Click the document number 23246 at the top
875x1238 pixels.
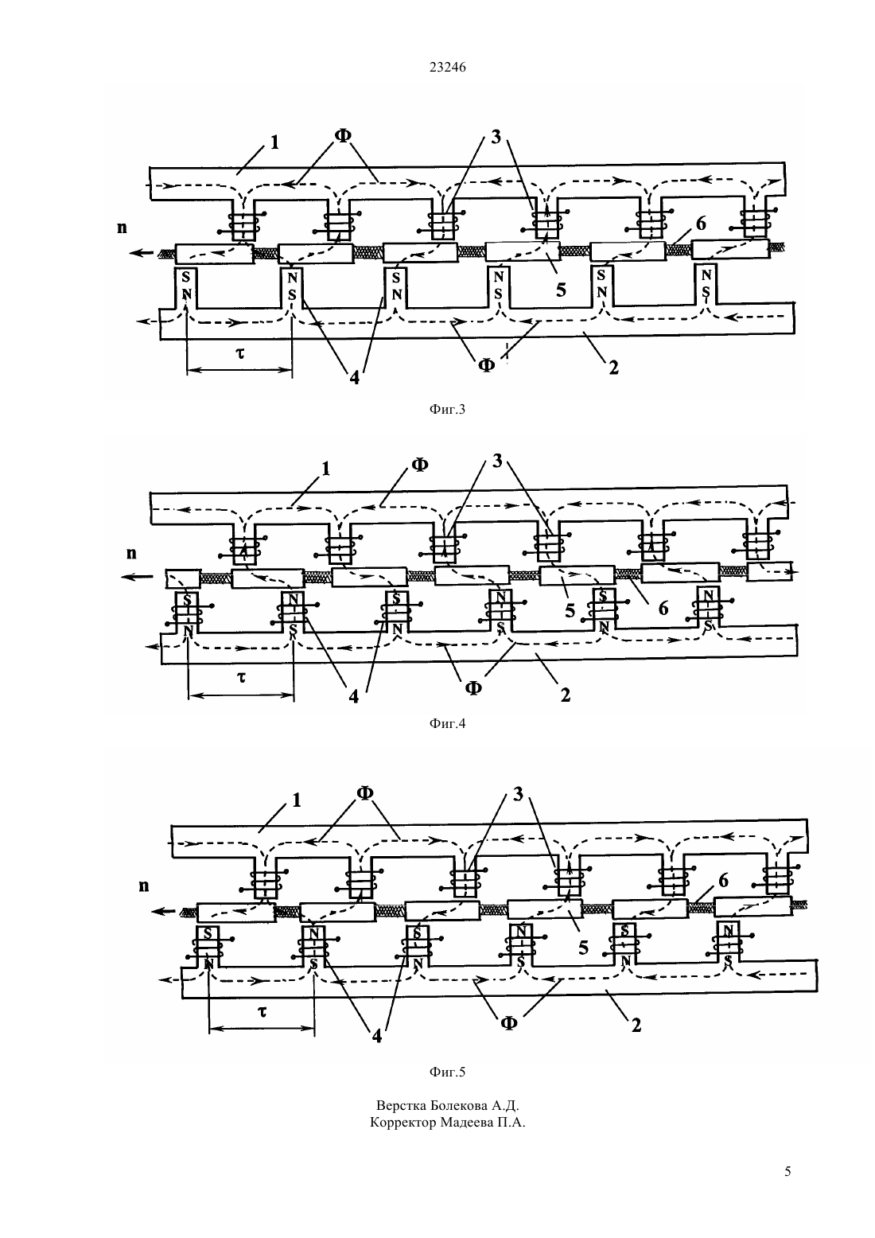pyautogui.click(x=447, y=68)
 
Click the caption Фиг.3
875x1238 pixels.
pyautogui.click(x=447, y=409)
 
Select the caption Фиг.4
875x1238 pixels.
pyautogui.click(x=447, y=723)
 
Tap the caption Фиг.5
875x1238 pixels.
pyautogui.click(x=447, y=1073)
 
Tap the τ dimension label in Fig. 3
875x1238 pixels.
pyautogui.click(x=239, y=352)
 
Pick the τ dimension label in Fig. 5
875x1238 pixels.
pyautogui.click(x=262, y=1011)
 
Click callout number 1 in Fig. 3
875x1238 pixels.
pyautogui.click(x=274, y=142)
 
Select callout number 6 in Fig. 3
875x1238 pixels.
pyautogui.click(x=701, y=224)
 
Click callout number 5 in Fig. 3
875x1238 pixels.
pyautogui.click(x=561, y=289)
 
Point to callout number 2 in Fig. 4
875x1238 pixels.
pyautogui.click(x=565, y=695)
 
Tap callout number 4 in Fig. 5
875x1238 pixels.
pyautogui.click(x=377, y=1035)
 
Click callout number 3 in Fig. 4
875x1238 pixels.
pyautogui.click(x=497, y=461)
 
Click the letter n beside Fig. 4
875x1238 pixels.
pyautogui.click(x=131, y=553)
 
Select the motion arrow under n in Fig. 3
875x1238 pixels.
pyautogui.click(x=142, y=253)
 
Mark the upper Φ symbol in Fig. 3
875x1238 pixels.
pyautogui.click(x=343, y=135)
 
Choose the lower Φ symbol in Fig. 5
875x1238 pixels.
pyautogui.click(x=509, y=1023)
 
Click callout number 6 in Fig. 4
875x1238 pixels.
pyautogui.click(x=663, y=609)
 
